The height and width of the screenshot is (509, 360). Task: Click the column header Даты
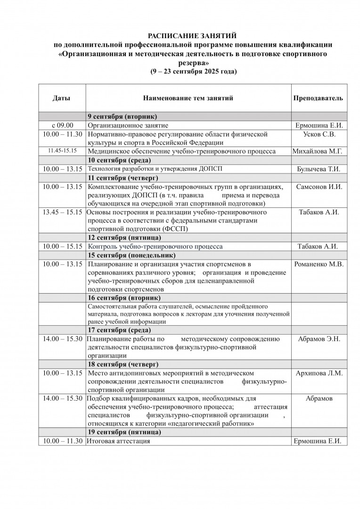point(62,99)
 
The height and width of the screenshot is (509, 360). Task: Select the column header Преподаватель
point(318,99)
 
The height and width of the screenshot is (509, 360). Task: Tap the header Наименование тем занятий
point(188,99)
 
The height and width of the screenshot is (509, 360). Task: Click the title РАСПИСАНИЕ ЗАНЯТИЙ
point(192,36)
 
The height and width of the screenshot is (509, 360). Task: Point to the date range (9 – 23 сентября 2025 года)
point(193,72)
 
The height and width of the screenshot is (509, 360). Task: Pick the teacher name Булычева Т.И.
point(319,169)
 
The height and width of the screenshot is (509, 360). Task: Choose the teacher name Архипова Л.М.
point(319,373)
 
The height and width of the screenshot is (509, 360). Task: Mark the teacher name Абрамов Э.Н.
point(319,339)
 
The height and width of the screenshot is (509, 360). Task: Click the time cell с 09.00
point(62,125)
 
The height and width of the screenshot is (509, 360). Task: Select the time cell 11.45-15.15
point(62,151)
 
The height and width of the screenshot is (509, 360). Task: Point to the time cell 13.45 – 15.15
point(62,213)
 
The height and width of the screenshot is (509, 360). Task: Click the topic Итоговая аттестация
point(119,441)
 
